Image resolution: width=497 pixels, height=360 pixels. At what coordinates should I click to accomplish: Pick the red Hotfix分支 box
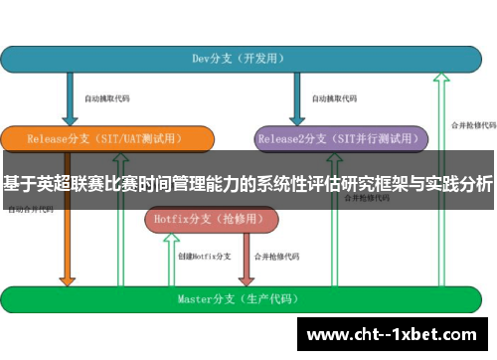point(200,220)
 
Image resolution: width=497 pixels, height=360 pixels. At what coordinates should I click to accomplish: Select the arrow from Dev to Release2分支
point(296,99)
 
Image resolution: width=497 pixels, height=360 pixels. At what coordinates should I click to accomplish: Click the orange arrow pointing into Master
point(68,259)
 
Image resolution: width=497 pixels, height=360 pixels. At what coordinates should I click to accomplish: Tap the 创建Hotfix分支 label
point(204,257)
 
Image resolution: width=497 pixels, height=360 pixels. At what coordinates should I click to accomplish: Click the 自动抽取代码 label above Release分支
point(107,98)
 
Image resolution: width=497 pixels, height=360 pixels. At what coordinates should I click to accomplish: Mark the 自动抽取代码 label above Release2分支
point(334,98)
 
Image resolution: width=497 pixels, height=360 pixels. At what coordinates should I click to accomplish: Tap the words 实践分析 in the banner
point(462,183)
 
